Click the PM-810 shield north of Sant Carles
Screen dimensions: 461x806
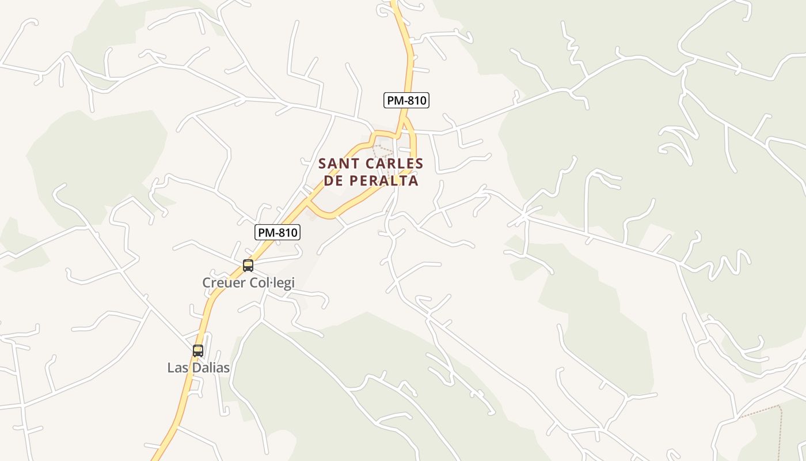tap(406, 100)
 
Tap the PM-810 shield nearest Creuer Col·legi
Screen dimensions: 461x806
tap(277, 233)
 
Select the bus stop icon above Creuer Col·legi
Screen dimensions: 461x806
tap(248, 266)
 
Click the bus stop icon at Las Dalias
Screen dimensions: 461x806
tap(198, 350)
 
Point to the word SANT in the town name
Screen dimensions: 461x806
tap(336, 164)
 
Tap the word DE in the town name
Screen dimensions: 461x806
tap(333, 180)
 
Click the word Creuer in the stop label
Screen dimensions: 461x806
tap(222, 282)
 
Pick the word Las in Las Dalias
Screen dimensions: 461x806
tap(176, 368)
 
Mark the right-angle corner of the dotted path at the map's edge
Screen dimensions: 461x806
tap(779, 406)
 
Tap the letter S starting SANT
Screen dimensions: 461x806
tap(322, 164)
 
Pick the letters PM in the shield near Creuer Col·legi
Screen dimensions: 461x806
tap(265, 233)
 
